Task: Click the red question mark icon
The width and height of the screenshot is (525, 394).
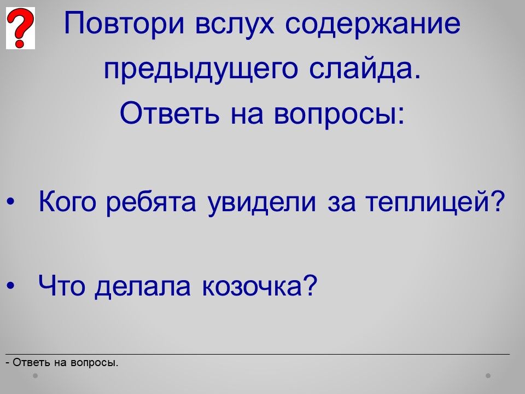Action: [x=20, y=28]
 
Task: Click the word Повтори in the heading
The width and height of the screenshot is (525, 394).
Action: [x=124, y=24]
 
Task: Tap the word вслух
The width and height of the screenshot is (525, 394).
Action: [x=235, y=24]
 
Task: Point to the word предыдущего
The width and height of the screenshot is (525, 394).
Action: [x=201, y=69]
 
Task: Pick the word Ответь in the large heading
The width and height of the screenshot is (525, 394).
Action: [x=170, y=113]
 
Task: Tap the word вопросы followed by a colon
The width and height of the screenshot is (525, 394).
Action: [x=339, y=114]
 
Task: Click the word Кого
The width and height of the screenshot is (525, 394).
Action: [x=67, y=202]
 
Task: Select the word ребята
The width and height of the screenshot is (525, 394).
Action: [x=151, y=202]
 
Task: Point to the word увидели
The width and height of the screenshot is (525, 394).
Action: [x=261, y=203]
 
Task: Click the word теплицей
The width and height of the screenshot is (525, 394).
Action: [x=435, y=202]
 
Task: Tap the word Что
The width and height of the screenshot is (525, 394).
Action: [x=61, y=286]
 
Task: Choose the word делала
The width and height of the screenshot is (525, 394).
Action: [x=143, y=287]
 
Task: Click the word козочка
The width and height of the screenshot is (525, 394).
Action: [x=259, y=286]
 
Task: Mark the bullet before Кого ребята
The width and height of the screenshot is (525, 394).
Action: [x=11, y=202]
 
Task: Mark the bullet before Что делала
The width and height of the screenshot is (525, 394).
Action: [x=11, y=286]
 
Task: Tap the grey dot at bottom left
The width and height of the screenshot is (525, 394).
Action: [x=35, y=375]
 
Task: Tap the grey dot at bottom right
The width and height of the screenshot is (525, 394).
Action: [x=488, y=375]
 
